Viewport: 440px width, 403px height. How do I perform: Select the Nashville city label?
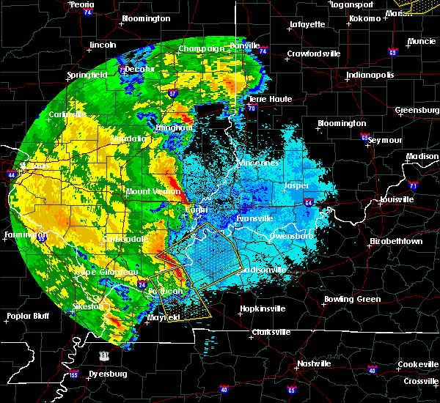pos(314,363)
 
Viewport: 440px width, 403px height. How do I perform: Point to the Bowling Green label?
pos(353,299)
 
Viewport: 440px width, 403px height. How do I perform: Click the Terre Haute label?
pos(271,99)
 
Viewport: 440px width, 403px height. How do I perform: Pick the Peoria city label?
pos(81,4)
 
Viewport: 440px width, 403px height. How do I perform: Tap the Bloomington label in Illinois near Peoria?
pos(146,18)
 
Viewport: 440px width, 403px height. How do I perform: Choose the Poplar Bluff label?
pos(26,317)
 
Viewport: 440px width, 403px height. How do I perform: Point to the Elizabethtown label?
pos(396,241)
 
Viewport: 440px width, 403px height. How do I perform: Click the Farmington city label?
pos(21,235)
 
